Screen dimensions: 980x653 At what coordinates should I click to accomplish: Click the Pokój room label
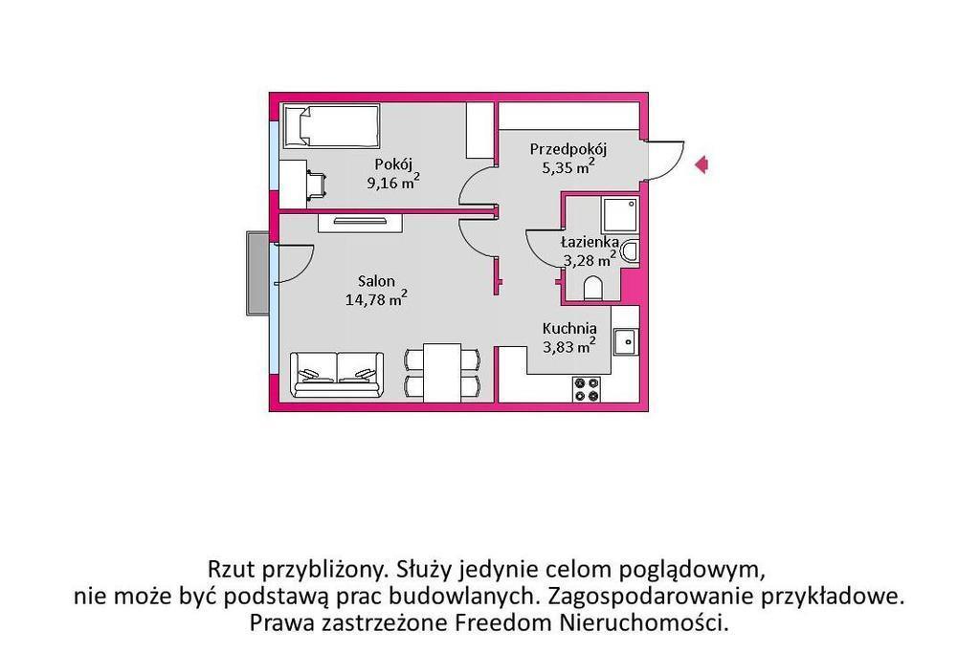[393, 164]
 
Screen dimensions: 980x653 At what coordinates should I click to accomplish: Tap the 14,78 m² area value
[376, 298]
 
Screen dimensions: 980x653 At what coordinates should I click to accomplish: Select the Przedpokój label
[568, 150]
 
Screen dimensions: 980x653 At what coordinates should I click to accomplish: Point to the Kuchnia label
[569, 328]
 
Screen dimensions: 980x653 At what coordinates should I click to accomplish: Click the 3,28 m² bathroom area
[590, 259]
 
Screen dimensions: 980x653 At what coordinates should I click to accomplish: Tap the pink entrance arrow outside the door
[702, 164]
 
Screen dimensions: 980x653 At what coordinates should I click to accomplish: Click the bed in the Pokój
[331, 125]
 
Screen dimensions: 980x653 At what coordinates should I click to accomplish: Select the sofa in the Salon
[338, 374]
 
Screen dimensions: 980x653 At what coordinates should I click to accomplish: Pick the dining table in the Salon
[442, 373]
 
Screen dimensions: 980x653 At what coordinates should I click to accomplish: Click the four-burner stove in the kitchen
[587, 389]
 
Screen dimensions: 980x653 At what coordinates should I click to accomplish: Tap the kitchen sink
[625, 341]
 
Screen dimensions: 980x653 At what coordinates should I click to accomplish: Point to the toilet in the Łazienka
[592, 289]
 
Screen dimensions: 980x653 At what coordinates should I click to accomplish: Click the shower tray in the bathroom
[619, 216]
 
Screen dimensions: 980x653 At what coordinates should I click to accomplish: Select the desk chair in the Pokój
[317, 185]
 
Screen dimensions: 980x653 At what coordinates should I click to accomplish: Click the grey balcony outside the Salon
[258, 273]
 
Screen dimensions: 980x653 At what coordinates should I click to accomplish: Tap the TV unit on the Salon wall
[360, 222]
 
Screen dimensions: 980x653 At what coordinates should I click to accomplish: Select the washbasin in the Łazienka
[631, 251]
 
